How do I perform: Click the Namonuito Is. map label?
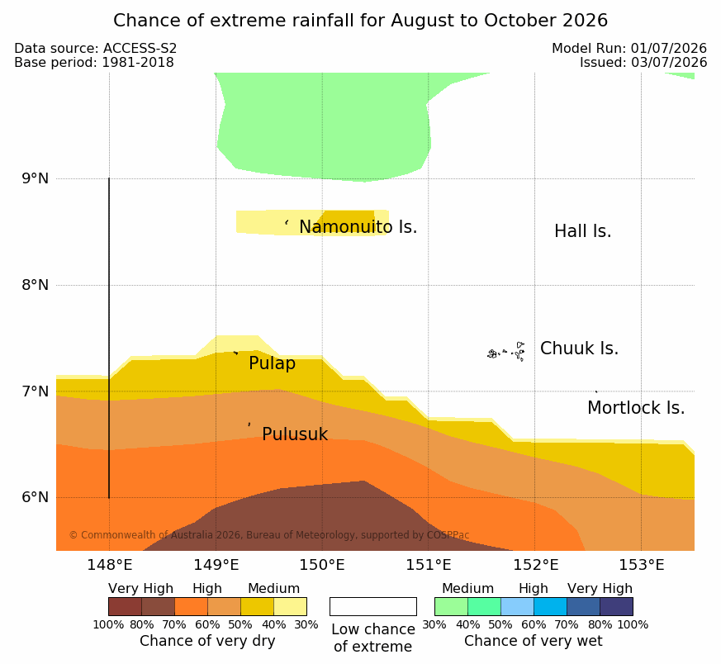point(358,227)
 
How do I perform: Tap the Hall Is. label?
point(582,231)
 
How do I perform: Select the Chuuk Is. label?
point(579,349)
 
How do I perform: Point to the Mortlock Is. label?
point(636,408)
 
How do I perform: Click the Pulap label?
point(272,363)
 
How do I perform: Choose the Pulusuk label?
point(295,434)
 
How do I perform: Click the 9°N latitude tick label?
point(35,178)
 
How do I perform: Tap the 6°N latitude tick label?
point(35,497)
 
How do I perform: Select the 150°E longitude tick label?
point(322,565)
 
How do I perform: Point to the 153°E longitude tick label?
point(642,565)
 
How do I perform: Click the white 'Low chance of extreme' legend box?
point(373,606)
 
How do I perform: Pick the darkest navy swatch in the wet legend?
point(616,606)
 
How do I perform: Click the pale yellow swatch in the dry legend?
point(290,606)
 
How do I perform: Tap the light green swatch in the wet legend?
point(451,606)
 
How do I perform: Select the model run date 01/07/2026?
point(669,48)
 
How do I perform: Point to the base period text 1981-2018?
point(138,63)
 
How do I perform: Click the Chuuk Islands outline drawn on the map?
point(506,352)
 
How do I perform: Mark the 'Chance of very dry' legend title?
point(207,641)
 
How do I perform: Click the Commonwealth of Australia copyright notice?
point(269,535)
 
